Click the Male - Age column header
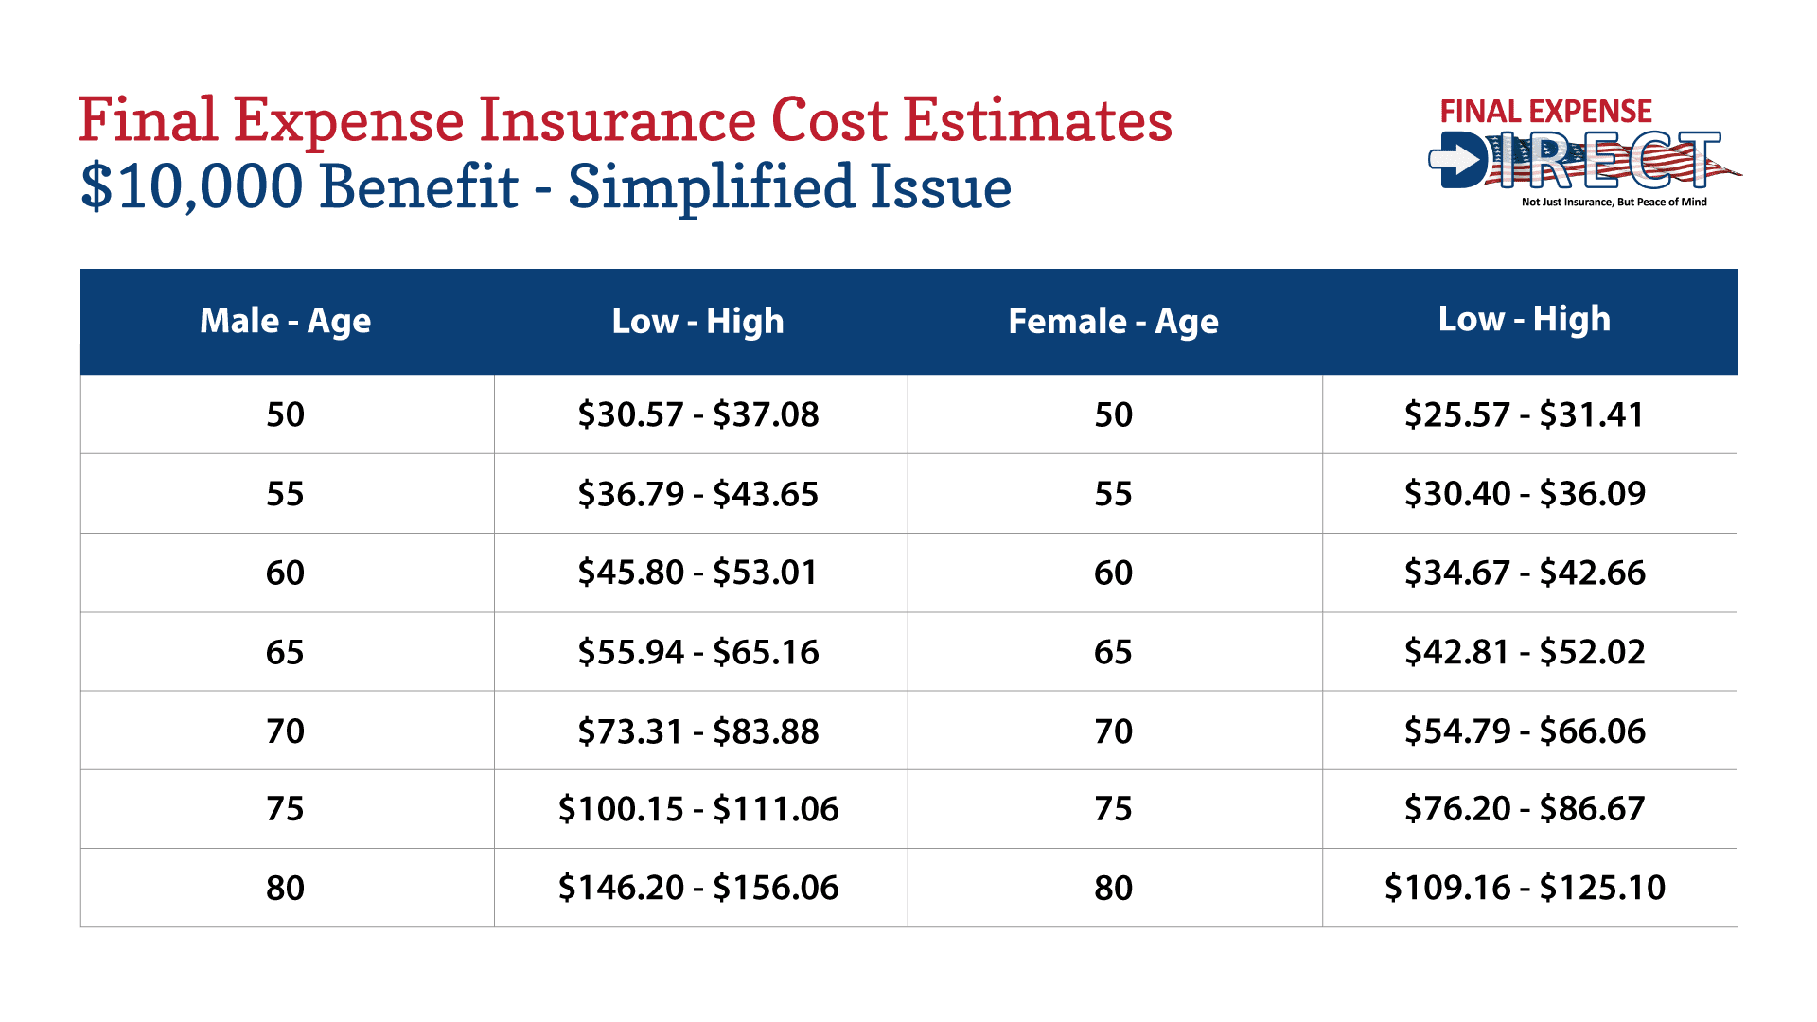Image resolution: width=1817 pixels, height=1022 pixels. click(285, 322)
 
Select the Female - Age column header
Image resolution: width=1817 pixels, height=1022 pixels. click(1113, 322)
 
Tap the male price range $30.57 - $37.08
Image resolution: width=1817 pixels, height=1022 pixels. click(698, 414)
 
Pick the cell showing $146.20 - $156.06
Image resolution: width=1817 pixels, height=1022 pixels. click(698, 888)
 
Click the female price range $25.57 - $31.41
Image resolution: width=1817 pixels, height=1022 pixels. click(1524, 414)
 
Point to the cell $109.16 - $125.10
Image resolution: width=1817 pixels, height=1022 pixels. click(1524, 888)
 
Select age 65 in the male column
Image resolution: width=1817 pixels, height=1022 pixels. click(285, 652)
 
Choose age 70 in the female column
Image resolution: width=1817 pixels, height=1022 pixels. click(1113, 731)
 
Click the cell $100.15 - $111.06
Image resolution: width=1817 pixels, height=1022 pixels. click(698, 809)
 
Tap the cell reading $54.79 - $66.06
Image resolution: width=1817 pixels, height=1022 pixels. click(1524, 731)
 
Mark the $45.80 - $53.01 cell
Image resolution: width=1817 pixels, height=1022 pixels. click(698, 573)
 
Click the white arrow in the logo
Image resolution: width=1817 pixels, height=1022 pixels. click(1454, 161)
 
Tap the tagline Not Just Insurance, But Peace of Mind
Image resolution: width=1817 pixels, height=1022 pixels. click(1614, 202)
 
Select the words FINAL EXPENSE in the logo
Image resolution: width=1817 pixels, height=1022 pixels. click(1545, 112)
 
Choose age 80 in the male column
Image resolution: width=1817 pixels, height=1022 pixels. click(285, 888)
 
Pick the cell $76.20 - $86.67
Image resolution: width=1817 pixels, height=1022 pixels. click(1524, 809)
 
